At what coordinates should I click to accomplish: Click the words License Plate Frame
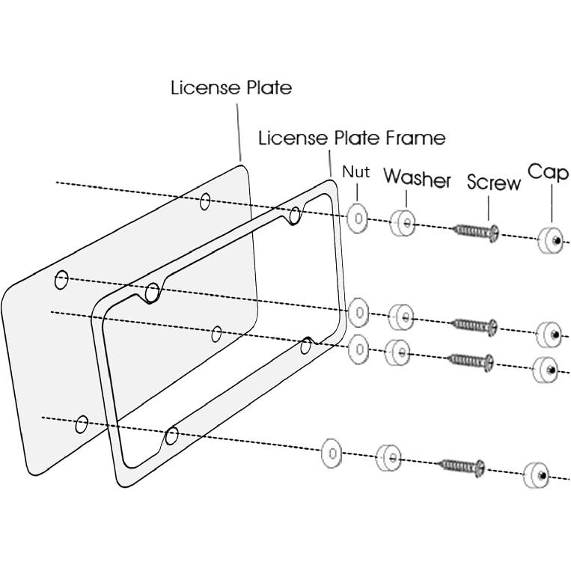[352, 138]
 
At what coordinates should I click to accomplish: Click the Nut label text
[356, 171]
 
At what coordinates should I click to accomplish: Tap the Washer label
[418, 179]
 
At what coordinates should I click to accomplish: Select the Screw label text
[493, 183]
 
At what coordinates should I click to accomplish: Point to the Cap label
[548, 172]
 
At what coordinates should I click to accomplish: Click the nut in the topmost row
[358, 219]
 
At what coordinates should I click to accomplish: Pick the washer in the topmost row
[403, 222]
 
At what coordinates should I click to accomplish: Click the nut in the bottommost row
[332, 454]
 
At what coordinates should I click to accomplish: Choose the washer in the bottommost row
[388, 457]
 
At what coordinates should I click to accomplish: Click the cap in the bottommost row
[537, 475]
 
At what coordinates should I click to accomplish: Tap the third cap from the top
[546, 369]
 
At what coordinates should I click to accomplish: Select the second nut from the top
[358, 311]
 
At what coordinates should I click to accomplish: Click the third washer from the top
[397, 352]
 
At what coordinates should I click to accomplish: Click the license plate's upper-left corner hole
[62, 280]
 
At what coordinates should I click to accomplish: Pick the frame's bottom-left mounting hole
[171, 435]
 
